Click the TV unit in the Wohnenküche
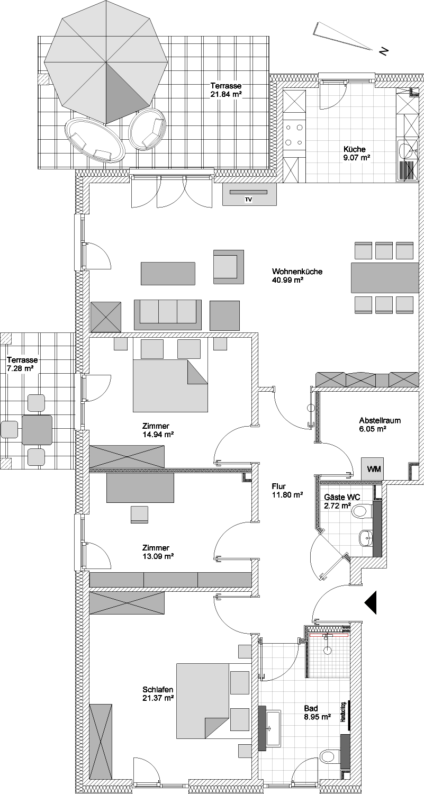pyautogui.click(x=249, y=194)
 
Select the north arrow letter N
pyautogui.click(x=384, y=51)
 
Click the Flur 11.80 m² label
pyautogui.click(x=287, y=491)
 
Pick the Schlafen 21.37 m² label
pyautogui.click(x=158, y=693)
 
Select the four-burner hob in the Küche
pyautogui.click(x=295, y=135)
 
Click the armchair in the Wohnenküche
pyautogui.click(x=229, y=267)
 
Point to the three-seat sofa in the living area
pyautogui.click(x=167, y=315)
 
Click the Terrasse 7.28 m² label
pyautogui.click(x=22, y=364)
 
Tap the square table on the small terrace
pyautogui.click(x=37, y=430)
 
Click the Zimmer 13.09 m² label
pyautogui.click(x=158, y=552)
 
